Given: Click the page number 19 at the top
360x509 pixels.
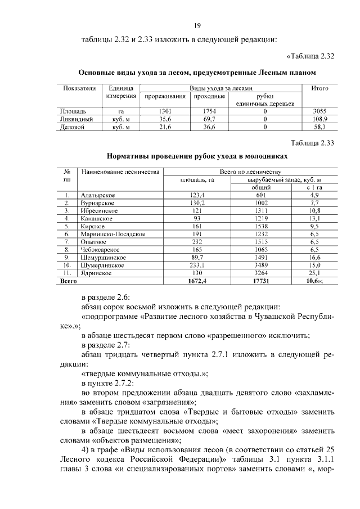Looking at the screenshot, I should point(198,25).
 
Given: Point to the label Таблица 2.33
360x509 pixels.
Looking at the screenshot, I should point(312,143).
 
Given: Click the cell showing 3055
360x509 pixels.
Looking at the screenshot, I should point(320,111).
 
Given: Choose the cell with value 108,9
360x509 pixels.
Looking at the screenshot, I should point(320,119).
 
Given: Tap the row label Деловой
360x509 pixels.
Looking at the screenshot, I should point(71,127).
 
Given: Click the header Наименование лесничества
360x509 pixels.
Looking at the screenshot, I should point(120,172).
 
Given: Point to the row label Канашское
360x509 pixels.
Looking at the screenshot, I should point(96,218).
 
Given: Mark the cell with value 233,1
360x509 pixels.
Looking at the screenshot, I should point(197,264).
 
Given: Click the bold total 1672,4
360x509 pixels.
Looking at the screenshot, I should point(197,280).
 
